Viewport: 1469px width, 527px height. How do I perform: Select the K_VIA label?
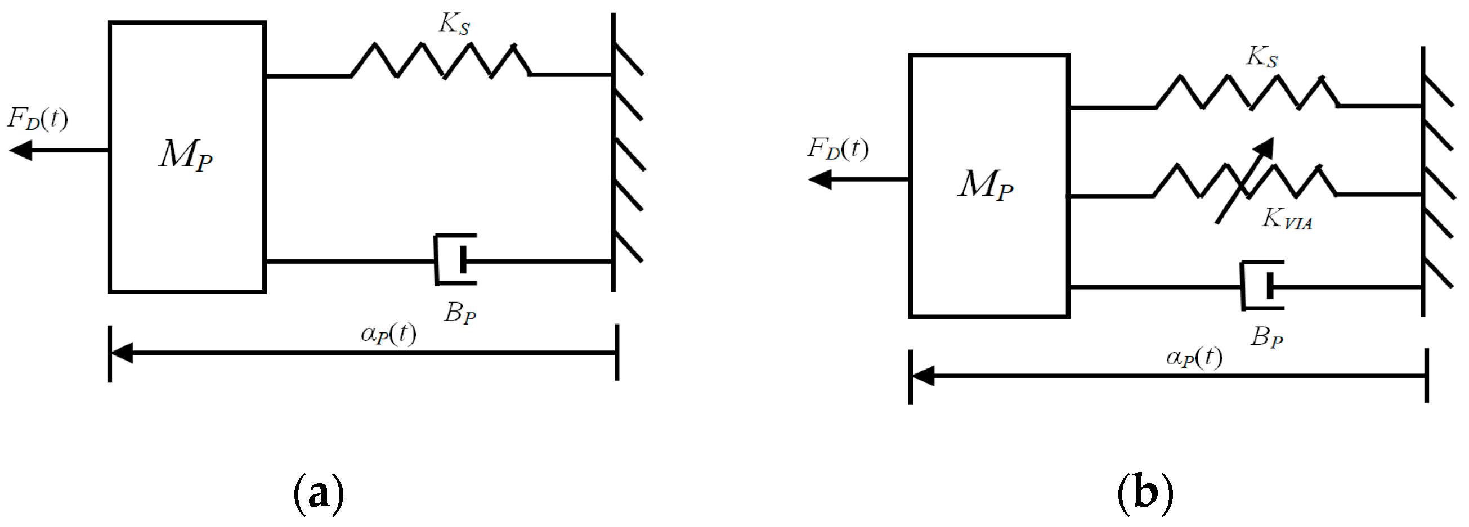(1287, 219)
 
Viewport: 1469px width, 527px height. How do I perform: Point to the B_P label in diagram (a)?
(460, 313)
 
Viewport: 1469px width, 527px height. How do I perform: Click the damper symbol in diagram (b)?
(1262, 285)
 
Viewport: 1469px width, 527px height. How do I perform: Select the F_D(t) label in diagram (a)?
(38, 119)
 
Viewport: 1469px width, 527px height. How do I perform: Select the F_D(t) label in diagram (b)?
(837, 148)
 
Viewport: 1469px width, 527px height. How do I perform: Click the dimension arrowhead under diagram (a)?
(122, 353)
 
